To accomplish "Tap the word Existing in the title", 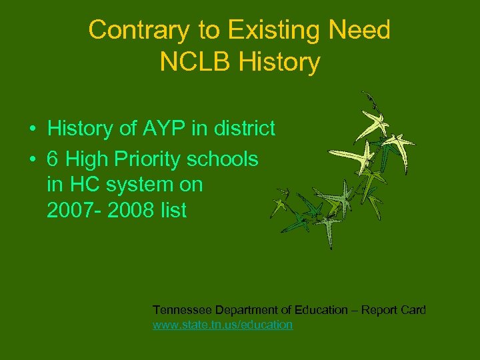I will click(x=263, y=31).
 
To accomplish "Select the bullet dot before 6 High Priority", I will click(x=32, y=159).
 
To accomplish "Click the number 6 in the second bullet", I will click(x=53, y=159).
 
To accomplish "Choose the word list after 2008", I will click(x=172, y=211).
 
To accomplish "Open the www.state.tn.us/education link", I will click(x=223, y=325).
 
